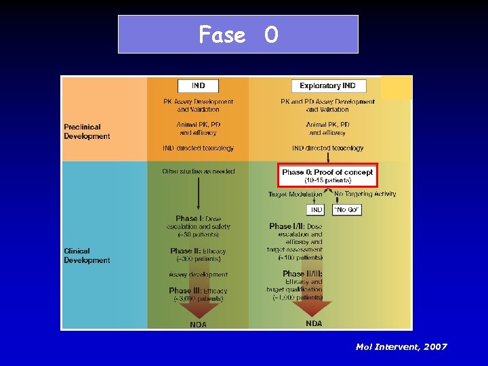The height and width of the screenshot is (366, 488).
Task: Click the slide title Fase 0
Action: click(238, 34)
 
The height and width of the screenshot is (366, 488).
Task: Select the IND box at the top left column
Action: click(198, 86)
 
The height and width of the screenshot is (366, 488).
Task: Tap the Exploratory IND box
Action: click(328, 86)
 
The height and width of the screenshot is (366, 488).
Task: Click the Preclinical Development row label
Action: click(87, 131)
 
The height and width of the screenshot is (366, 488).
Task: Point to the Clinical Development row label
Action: click(87, 256)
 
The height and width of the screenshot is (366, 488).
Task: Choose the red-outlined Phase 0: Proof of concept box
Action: click(327, 175)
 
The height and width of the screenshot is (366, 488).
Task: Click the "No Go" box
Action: click(347, 210)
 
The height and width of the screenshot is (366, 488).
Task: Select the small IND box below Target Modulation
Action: click(317, 210)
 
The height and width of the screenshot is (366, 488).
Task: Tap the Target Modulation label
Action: click(296, 195)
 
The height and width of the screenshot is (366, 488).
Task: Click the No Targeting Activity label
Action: click(365, 195)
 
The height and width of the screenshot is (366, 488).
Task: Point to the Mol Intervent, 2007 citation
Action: click(401, 347)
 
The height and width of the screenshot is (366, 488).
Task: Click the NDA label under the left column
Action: click(198, 325)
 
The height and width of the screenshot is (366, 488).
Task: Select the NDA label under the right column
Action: click(314, 324)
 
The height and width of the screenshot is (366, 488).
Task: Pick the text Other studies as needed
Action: click(198, 171)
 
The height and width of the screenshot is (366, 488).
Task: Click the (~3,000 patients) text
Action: click(198, 298)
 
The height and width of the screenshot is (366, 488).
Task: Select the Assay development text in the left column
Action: click(198, 274)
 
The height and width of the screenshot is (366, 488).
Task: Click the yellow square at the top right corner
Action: click(396, 87)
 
